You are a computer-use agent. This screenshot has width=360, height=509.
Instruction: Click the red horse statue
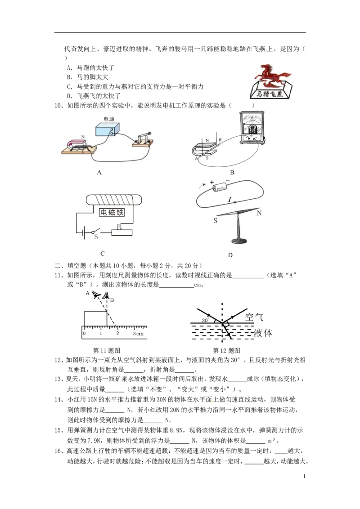(270, 76)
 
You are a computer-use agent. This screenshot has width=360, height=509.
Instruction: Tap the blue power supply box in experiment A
(108, 129)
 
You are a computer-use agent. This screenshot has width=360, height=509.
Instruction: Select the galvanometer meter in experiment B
(252, 128)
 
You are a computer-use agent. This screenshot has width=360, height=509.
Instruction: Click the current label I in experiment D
(230, 199)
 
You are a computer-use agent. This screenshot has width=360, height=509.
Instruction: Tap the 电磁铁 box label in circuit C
(112, 212)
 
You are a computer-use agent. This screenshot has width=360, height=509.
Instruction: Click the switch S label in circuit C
(96, 237)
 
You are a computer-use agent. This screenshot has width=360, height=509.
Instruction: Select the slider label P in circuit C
(119, 226)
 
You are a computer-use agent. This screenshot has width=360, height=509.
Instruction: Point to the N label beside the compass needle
(259, 213)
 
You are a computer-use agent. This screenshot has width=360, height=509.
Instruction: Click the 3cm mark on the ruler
(138, 333)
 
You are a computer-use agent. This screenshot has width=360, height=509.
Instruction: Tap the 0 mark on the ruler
(85, 333)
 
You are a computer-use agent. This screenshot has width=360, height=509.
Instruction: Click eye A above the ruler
(96, 295)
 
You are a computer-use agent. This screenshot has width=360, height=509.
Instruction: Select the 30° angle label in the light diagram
(205, 320)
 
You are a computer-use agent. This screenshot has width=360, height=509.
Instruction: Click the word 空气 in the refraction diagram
(254, 317)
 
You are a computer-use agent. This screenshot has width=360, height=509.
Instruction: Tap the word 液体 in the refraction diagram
(263, 333)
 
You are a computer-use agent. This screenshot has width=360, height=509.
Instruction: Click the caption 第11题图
(107, 351)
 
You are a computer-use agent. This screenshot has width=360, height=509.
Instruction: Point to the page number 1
(305, 476)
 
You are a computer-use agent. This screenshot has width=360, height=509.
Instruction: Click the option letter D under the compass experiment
(230, 255)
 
